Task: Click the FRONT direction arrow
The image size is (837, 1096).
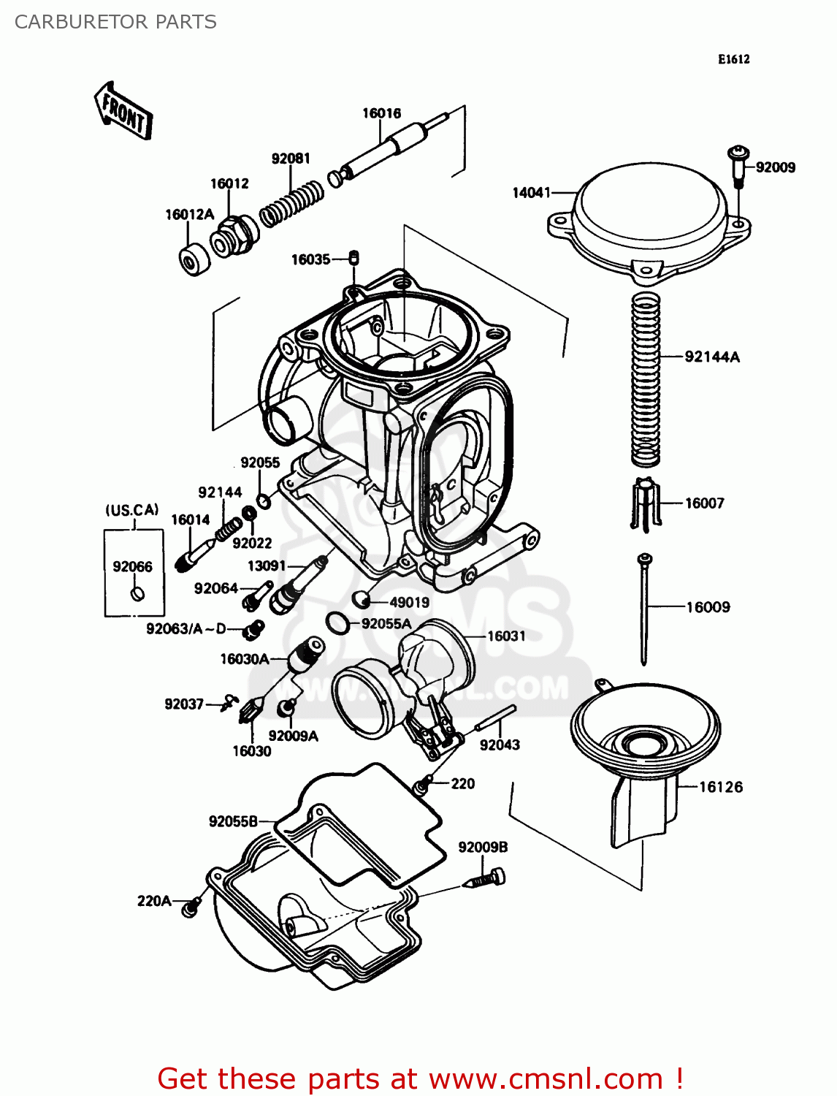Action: pos(123,112)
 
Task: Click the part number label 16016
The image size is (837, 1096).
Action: pos(381,113)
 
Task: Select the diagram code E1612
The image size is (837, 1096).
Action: pos(733,59)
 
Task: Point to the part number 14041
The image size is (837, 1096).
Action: pos(531,193)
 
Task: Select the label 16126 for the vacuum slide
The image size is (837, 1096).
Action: pos(720,787)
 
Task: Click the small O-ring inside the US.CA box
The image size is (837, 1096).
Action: pos(135,593)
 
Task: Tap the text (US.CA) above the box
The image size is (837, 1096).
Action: pos(132,510)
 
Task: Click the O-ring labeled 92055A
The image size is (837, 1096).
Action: pos(336,623)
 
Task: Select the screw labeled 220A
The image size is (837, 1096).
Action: pos(191,907)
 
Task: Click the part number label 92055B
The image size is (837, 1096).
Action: pos(233,821)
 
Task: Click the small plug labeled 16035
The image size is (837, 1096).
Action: pos(353,257)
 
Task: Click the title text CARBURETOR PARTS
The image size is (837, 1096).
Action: pos(115,22)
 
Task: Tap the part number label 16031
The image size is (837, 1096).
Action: pos(506,636)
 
